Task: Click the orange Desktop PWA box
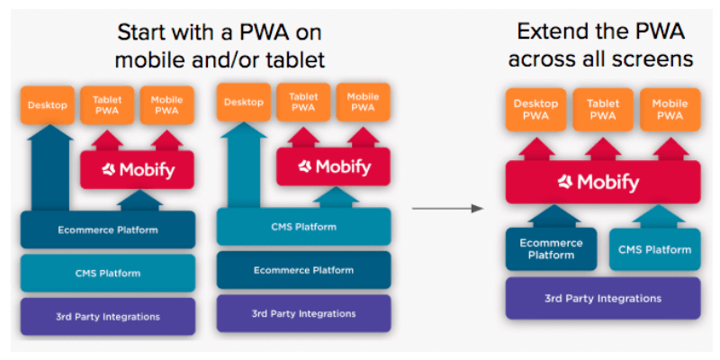[x=535, y=110]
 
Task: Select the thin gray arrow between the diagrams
[x=447, y=209]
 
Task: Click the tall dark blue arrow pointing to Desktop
[x=49, y=168]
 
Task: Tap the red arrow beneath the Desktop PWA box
[x=536, y=149]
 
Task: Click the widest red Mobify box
[x=603, y=183]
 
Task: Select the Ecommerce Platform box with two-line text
[x=551, y=249]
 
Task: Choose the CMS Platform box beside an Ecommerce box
[x=655, y=249]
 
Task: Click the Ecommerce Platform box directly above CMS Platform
[x=108, y=229]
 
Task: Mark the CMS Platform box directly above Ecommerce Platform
[x=303, y=227]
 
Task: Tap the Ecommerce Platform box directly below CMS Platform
[x=303, y=270]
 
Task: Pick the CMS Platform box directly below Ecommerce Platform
[x=108, y=274]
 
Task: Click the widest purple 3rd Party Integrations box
[x=603, y=299]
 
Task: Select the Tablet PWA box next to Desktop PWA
[x=603, y=110]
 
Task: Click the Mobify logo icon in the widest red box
[x=565, y=183]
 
